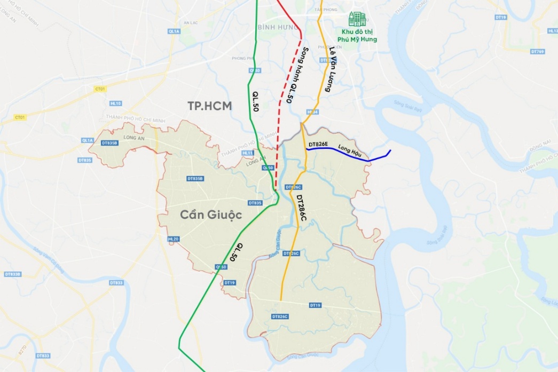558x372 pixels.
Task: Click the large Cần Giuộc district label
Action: coord(211,215)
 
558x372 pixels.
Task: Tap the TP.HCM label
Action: coord(209,106)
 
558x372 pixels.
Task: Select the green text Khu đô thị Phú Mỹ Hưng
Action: coord(359,36)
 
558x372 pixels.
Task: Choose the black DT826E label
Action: coord(318,145)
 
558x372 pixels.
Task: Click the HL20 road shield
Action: coord(173,239)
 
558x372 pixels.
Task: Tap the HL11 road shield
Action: coord(247,153)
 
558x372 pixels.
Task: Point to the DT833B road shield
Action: coord(12,274)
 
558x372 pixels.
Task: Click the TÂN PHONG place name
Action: coord(322,9)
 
